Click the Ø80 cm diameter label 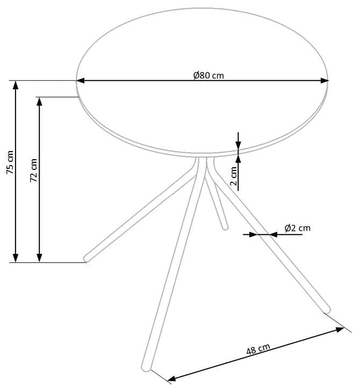[x=208, y=75]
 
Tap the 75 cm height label [x=10, y=162]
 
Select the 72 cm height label [x=33, y=169]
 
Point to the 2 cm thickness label [x=234, y=175]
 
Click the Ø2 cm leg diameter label [x=297, y=228]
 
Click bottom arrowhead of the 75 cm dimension [x=16, y=259]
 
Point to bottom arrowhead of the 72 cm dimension [x=39, y=259]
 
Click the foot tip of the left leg [x=86, y=258]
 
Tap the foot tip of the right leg [x=327, y=309]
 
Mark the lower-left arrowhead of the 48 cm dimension [x=171, y=379]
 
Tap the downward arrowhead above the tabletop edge [x=239, y=146]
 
